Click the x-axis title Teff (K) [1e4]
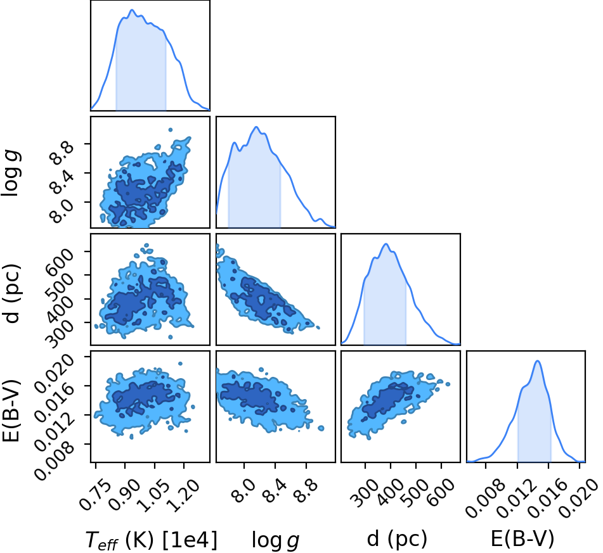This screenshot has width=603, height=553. [151, 540]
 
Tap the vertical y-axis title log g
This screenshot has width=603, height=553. [11, 174]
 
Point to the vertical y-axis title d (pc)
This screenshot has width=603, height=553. [11, 293]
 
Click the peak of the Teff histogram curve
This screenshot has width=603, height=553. [132, 10]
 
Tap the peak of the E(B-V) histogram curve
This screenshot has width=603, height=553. [538, 361]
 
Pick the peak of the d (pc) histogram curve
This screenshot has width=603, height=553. [386, 244]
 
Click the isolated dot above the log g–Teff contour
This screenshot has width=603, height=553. [171, 130]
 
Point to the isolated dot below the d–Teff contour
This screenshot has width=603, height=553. [171, 337]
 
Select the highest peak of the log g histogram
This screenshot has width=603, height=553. [257, 127]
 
